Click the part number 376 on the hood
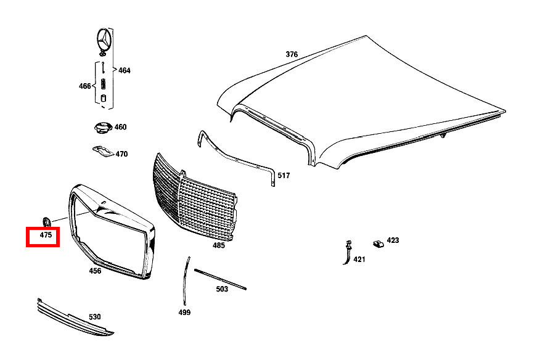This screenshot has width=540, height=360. point(292,54)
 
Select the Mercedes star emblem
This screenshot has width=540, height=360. point(104,39)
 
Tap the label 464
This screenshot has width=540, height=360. point(125,71)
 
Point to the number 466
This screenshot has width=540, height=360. point(84,86)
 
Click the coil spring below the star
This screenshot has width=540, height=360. point(103,84)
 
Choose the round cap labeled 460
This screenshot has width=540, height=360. point(103,128)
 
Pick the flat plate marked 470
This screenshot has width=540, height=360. point(103,151)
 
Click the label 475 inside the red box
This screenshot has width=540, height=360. point(46,235)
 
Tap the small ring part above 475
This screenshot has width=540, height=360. point(46,221)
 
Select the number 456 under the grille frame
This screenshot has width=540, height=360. point(95,271)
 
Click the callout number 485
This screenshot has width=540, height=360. point(219,245)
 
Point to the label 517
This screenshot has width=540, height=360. point(284,176)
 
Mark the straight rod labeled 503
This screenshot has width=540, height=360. point(221,279)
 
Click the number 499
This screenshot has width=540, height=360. point(184,313)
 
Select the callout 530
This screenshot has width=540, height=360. point(95,317)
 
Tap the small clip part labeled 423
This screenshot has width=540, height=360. point(378,244)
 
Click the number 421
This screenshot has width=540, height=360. point(359,260)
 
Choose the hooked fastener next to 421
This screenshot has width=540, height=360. point(348,253)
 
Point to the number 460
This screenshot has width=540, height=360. point(121,127)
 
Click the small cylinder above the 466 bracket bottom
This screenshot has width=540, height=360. point(103,98)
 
